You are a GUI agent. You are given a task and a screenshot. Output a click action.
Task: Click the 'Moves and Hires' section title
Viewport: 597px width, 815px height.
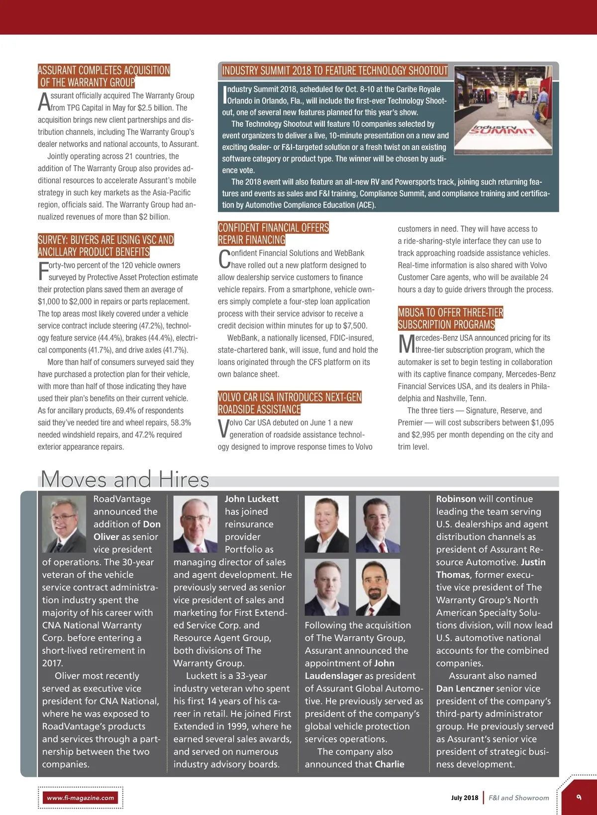[125, 479]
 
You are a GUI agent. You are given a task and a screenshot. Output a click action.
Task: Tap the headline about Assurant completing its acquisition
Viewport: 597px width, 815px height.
[104, 76]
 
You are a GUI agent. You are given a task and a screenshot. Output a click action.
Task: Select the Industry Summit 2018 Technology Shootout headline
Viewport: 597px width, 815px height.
[335, 71]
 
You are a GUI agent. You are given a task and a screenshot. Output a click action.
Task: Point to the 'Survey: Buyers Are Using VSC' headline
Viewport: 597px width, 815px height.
[105, 246]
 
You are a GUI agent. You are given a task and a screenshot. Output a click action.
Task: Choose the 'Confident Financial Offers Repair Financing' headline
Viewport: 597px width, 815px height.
[273, 234]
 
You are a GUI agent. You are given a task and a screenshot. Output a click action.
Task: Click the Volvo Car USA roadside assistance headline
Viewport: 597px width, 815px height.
[290, 403]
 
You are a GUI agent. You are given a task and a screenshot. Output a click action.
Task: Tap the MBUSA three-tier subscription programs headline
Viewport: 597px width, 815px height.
[450, 318]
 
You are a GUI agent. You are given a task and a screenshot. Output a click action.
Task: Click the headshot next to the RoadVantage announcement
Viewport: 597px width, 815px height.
[64, 524]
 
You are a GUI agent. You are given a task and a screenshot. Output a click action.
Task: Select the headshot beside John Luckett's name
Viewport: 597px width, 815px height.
[196, 524]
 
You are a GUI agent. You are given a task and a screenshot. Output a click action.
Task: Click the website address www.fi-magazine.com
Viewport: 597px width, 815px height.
[80, 798]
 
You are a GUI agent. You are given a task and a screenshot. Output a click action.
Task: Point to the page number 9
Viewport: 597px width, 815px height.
[579, 797]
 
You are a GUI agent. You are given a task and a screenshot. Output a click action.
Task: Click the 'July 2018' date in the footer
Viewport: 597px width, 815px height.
[464, 798]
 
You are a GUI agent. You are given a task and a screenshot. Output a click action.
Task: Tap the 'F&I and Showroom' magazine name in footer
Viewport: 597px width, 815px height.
[519, 798]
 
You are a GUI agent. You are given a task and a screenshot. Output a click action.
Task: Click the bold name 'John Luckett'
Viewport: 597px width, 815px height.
[251, 499]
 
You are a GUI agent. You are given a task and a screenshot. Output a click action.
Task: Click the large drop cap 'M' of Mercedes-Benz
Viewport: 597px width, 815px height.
[406, 344]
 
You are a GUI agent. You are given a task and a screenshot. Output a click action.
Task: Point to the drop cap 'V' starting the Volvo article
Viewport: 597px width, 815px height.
[223, 429]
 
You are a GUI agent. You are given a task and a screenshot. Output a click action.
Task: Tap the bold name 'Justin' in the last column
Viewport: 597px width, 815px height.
[533, 562]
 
